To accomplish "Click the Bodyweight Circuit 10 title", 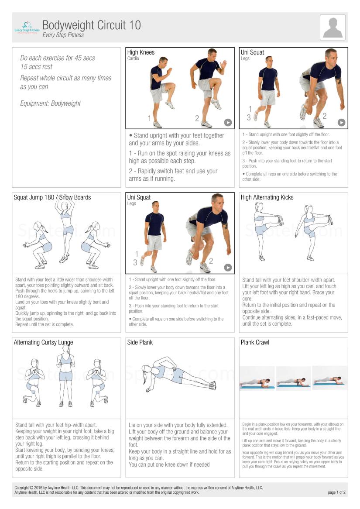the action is [92, 25].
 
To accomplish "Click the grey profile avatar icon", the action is [333, 28].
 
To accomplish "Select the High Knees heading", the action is [141, 52].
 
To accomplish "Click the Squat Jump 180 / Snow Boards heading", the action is [52, 197].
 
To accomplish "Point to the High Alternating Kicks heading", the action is [267, 197].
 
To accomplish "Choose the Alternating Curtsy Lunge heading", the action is [44, 343].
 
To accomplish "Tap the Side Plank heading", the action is [140, 343].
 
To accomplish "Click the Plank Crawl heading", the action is [255, 343].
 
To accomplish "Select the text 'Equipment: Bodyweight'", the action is [50, 103].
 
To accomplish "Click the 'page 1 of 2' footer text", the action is [336, 492].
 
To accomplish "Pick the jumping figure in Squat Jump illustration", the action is [65, 227].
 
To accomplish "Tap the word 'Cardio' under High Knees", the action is [133, 58].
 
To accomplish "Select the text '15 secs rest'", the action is [36, 66].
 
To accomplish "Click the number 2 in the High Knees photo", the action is [197, 118].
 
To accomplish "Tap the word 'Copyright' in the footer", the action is [22, 488].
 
